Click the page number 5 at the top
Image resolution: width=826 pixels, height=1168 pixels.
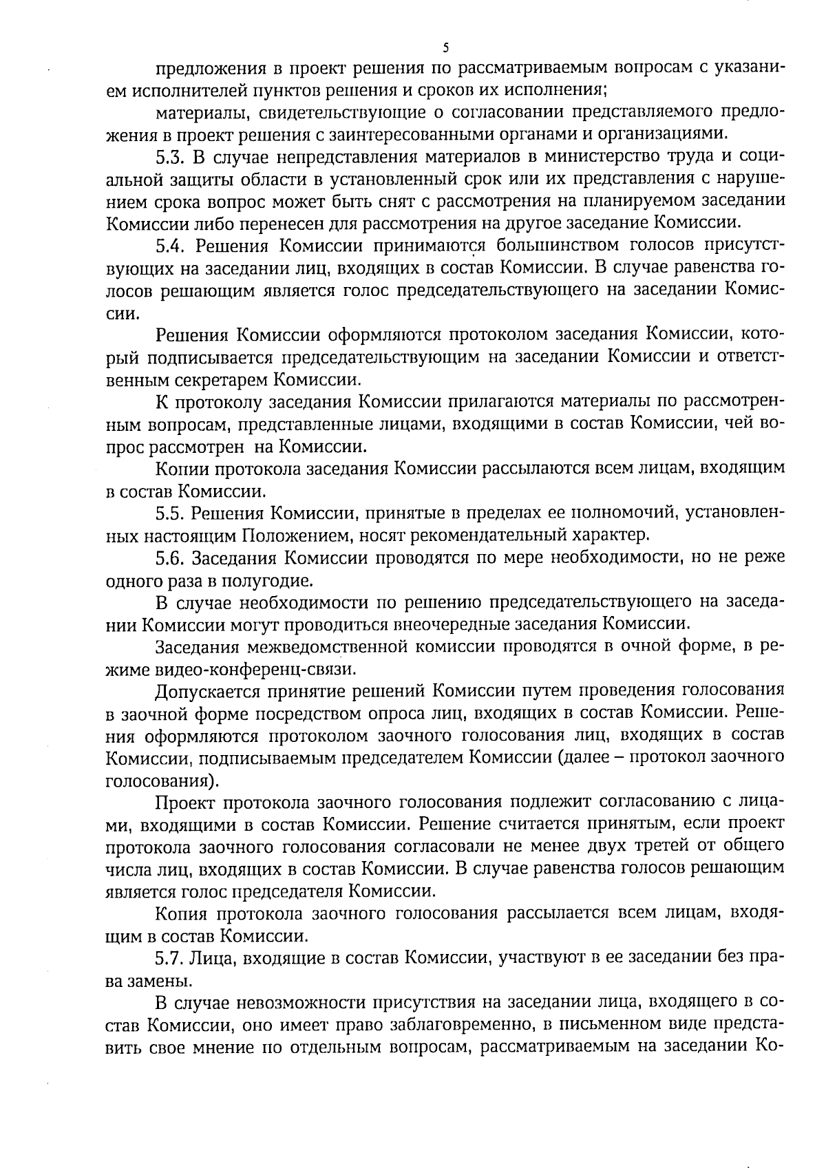[445, 47]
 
